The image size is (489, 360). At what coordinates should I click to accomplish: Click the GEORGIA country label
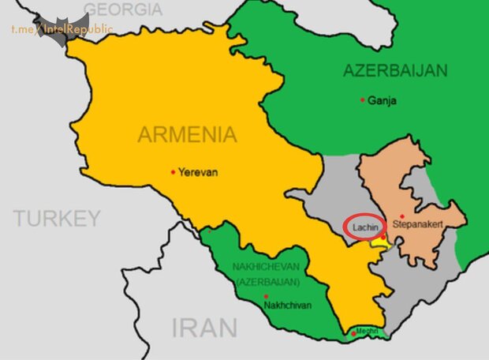pos(123,9)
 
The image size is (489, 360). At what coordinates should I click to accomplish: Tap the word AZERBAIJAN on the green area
pos(395,71)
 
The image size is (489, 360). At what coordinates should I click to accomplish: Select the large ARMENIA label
pos(187,134)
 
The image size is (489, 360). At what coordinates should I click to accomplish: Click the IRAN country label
pos(205,328)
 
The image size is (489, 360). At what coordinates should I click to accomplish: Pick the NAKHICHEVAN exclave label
pos(267,267)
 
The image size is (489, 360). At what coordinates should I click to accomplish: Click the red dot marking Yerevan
pos(173,171)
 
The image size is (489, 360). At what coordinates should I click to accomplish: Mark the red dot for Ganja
pos(362,100)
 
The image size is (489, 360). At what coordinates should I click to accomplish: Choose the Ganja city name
pos(383,101)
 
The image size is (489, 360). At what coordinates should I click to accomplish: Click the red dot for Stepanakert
pos(402,216)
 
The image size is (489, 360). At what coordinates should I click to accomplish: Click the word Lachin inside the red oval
pos(364,226)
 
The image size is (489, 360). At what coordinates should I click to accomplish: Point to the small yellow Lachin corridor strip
pos(381,244)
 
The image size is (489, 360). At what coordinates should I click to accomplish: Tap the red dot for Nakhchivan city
pos(266,296)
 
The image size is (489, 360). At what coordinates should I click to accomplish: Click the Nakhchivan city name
pos(288,305)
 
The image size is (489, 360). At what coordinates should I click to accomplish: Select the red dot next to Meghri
pos(353,334)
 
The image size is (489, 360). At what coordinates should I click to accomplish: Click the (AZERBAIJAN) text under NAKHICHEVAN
pos(267,281)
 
